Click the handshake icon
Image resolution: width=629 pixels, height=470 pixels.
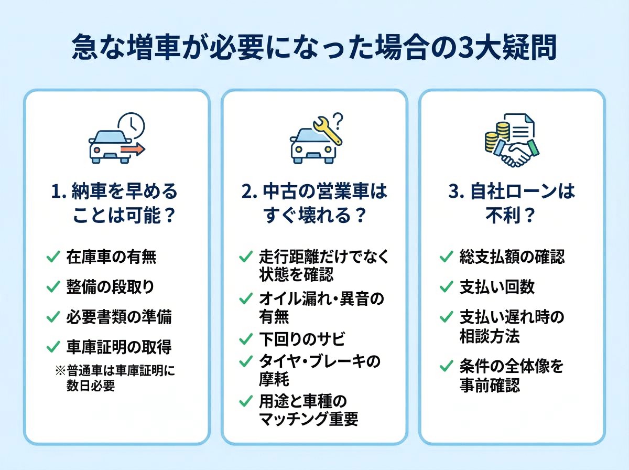point(513,152)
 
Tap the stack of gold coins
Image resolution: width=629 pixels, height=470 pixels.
point(492,138)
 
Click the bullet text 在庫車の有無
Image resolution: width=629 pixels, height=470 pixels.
point(111,257)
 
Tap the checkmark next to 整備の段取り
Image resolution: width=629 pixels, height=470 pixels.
point(53,287)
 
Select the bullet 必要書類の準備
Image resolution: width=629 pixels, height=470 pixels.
point(119,317)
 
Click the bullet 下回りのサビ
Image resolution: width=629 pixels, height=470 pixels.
point(302,339)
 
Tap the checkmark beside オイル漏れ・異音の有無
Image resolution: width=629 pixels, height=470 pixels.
point(245,299)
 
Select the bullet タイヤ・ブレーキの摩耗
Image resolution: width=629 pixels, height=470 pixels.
point(320,369)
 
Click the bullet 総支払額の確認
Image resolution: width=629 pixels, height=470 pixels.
point(512,257)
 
